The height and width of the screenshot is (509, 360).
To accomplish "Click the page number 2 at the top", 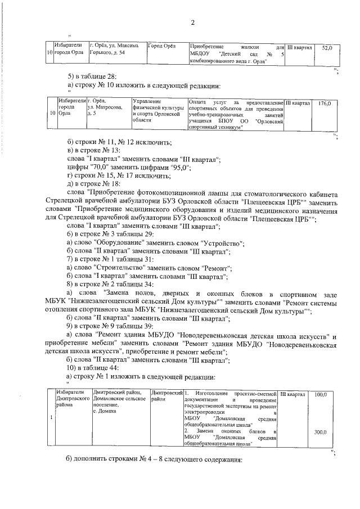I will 192,22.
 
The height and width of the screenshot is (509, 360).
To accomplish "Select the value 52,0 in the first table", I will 327,49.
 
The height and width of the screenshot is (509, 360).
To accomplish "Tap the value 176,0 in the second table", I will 324,103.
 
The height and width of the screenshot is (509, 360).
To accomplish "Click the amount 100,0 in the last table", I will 321,395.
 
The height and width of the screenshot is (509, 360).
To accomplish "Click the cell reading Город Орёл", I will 161,46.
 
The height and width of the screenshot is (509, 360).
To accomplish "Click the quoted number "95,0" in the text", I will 180,168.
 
